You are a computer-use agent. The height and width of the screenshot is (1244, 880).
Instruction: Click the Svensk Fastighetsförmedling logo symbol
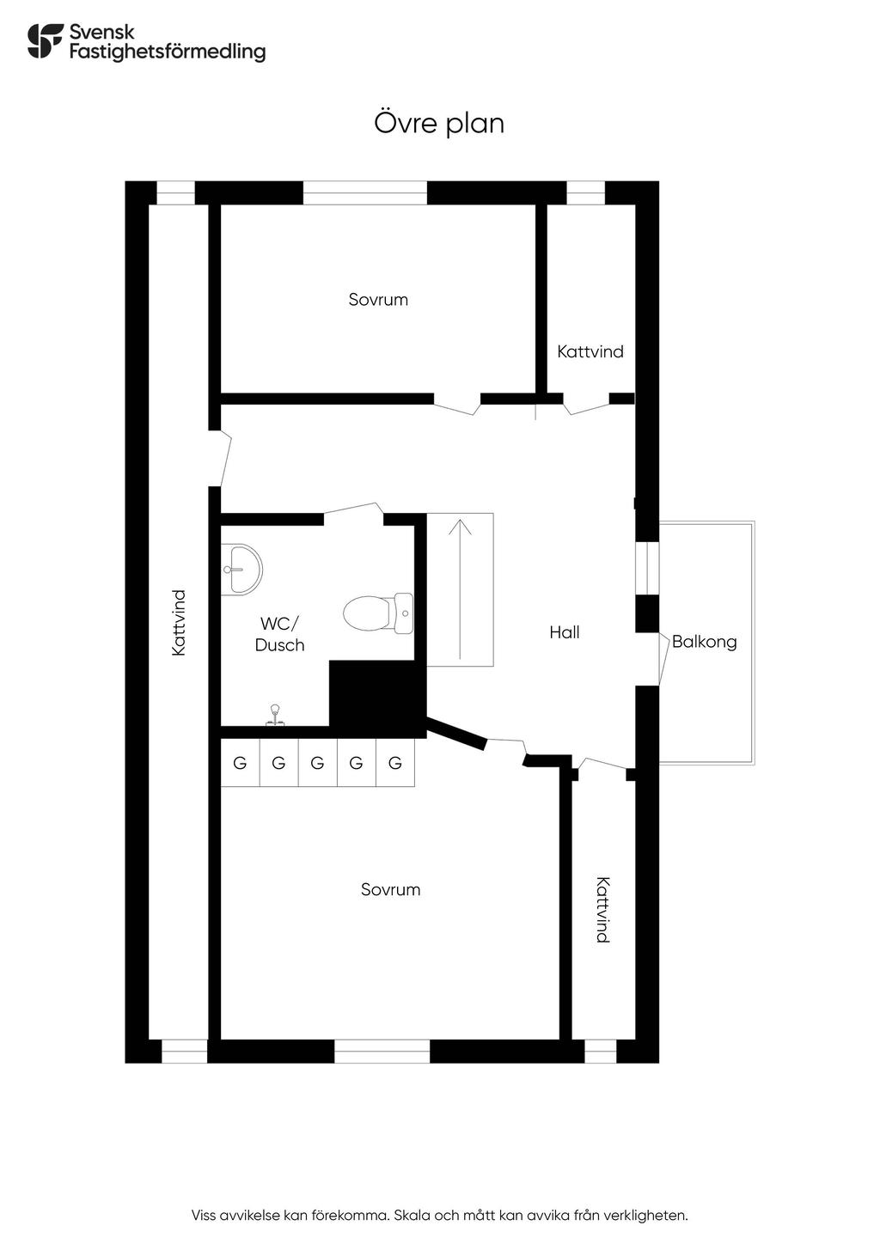click(46, 40)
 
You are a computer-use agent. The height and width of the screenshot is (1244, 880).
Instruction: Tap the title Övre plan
click(439, 123)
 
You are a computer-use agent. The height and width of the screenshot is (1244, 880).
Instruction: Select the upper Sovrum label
click(378, 300)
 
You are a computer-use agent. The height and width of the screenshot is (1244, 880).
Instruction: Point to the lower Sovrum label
click(390, 890)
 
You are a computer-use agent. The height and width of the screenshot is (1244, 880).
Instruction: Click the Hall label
click(565, 632)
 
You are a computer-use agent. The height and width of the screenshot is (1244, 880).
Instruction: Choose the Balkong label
click(704, 642)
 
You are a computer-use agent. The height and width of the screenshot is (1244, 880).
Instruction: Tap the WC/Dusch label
click(280, 634)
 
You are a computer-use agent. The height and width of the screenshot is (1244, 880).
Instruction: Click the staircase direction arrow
click(461, 588)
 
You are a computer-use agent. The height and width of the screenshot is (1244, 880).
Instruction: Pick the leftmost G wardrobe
click(240, 763)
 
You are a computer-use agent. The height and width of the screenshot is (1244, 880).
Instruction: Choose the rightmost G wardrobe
click(395, 763)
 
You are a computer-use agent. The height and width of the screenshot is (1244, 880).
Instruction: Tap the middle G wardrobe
click(317, 763)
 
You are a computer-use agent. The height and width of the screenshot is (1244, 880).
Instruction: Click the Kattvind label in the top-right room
click(590, 351)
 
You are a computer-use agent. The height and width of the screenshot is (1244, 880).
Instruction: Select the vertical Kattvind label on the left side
click(179, 623)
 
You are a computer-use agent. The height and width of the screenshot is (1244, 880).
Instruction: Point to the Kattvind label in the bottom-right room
click(603, 910)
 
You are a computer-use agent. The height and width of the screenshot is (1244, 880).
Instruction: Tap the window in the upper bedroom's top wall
click(365, 192)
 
